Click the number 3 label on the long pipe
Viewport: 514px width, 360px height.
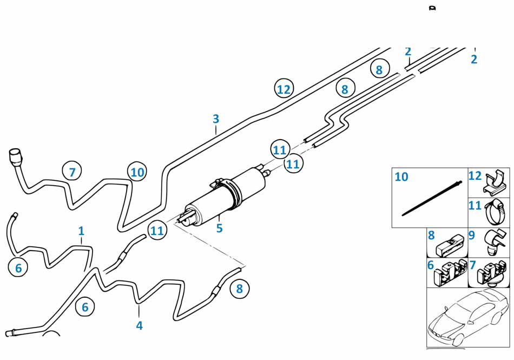216,119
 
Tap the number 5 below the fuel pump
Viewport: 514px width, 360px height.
219,228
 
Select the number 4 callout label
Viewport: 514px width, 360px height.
139,325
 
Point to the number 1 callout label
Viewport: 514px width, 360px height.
81,231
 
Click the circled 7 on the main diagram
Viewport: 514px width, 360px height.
72,172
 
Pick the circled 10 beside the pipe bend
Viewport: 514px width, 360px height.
137,172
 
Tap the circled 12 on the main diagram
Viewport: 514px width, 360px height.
284,89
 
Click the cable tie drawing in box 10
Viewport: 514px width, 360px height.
432,198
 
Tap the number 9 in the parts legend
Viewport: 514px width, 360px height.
472,235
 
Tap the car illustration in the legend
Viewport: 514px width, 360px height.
468,317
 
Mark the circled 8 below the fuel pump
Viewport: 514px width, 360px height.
240,289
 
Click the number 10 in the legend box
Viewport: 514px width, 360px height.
401,177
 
